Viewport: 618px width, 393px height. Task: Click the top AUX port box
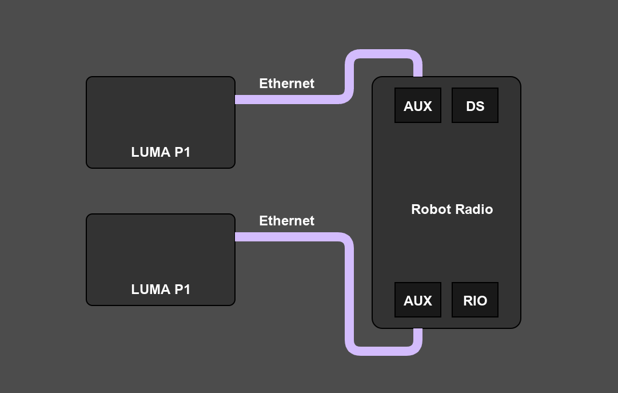point(418,105)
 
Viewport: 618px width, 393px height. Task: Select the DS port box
point(475,105)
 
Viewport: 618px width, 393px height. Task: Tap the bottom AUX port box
point(418,300)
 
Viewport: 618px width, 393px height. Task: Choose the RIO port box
point(475,300)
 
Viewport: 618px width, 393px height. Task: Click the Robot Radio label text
point(452,209)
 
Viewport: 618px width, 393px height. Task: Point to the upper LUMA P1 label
point(161,152)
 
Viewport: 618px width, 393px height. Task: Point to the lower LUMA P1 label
point(161,289)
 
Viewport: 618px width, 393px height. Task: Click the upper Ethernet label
point(286,84)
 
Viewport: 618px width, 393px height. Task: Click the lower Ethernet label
point(286,221)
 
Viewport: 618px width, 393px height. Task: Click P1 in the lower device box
point(182,289)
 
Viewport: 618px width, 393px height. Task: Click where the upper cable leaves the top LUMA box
point(237,100)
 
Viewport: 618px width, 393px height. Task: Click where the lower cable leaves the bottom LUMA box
point(237,237)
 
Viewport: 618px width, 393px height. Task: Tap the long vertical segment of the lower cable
point(349,292)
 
